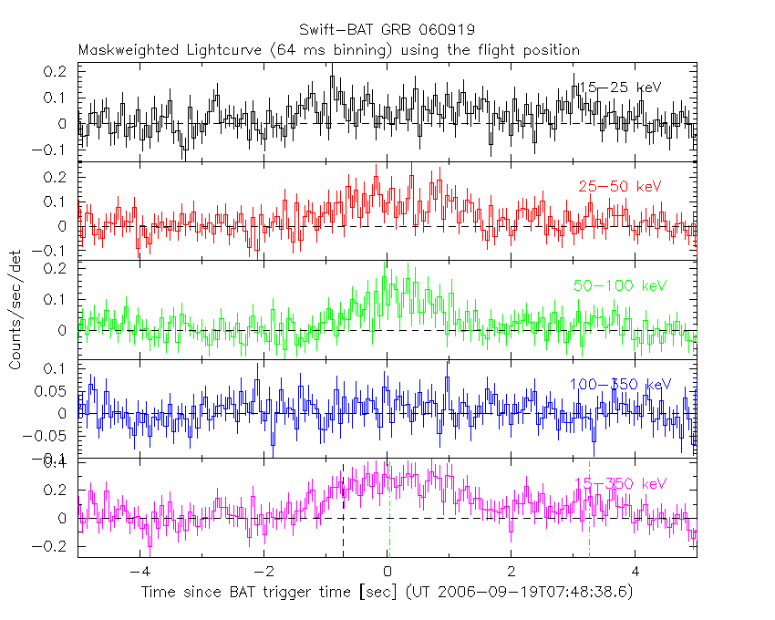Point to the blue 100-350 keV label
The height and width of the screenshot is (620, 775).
coord(620,385)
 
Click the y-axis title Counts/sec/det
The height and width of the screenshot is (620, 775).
coord(15,313)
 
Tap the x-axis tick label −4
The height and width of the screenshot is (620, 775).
coord(139,573)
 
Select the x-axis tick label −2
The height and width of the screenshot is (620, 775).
coord(263,573)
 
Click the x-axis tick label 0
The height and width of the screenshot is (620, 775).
coord(387,573)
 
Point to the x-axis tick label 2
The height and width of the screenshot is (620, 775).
coord(511,573)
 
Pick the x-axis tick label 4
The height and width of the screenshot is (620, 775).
coord(635,573)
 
